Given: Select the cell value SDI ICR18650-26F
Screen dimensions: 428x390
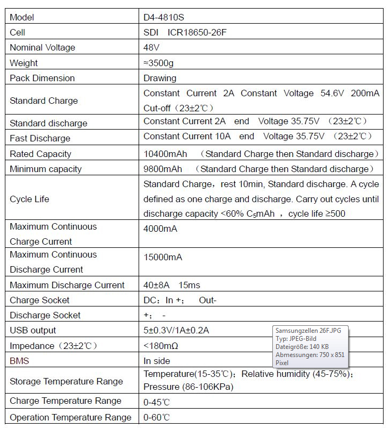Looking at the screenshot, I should [x=185, y=32].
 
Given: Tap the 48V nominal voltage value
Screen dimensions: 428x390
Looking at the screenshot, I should [x=151, y=47].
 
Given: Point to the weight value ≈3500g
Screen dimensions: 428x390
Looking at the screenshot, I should [x=158, y=63].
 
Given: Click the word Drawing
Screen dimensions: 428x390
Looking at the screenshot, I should [x=160, y=78].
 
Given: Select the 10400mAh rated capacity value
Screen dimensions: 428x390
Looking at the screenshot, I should [x=165, y=154].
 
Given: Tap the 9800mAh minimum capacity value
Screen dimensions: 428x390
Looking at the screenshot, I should [x=163, y=169].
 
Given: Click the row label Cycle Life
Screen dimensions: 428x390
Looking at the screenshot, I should [x=30, y=199].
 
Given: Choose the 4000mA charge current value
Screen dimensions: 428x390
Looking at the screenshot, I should [x=160, y=229].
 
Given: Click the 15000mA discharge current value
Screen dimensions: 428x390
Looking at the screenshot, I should [x=163, y=257].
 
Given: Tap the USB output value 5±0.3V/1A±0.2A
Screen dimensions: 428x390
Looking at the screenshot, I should [x=176, y=330].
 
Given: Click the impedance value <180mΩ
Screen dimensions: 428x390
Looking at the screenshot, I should [x=161, y=346].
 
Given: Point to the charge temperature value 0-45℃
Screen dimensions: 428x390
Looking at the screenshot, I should [x=157, y=402].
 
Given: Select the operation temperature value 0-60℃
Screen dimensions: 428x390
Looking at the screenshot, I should [x=157, y=417].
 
